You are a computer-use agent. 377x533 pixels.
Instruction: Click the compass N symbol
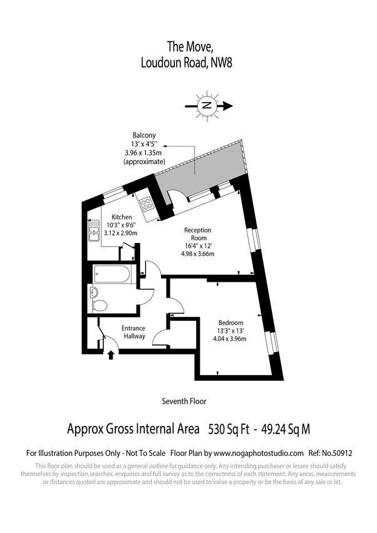(x=205, y=105)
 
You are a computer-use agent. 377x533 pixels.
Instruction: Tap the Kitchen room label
(x=121, y=217)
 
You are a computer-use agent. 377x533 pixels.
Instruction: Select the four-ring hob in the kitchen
(x=147, y=204)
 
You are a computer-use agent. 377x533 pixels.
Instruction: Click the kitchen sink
(x=94, y=230)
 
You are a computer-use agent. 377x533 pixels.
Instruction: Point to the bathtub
(x=112, y=274)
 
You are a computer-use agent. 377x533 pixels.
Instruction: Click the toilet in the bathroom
(x=100, y=306)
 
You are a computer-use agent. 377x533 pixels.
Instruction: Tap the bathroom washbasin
(x=93, y=292)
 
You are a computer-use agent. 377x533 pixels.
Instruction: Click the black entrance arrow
(x=111, y=355)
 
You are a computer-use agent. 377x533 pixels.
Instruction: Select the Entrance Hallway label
(x=133, y=332)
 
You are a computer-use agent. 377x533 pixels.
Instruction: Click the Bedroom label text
(x=231, y=323)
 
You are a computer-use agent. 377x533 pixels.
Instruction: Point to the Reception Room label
(x=198, y=234)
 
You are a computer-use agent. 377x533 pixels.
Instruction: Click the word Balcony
(x=144, y=135)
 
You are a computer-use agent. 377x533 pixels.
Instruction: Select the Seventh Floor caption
(x=184, y=401)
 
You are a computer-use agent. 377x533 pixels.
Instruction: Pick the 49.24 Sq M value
(x=286, y=429)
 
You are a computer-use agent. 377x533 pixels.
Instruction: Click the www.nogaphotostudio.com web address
(x=259, y=453)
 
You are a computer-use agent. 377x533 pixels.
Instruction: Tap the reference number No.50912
(x=337, y=453)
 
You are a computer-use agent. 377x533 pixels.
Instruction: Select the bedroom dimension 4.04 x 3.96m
(x=229, y=339)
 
